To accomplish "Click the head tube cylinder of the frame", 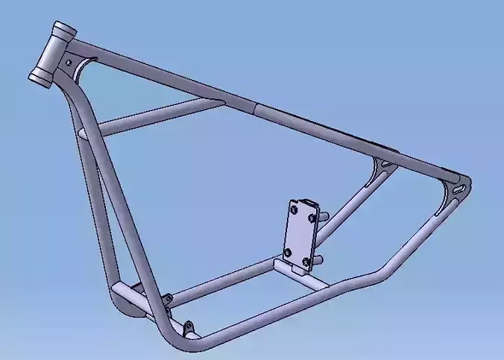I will click(53, 53).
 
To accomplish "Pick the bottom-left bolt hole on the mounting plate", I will click(289, 254).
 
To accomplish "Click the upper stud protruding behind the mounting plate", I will click(324, 215).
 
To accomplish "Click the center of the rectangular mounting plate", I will click(300, 234).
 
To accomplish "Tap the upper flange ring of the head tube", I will click(63, 31).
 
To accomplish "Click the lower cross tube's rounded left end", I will click(119, 291).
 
